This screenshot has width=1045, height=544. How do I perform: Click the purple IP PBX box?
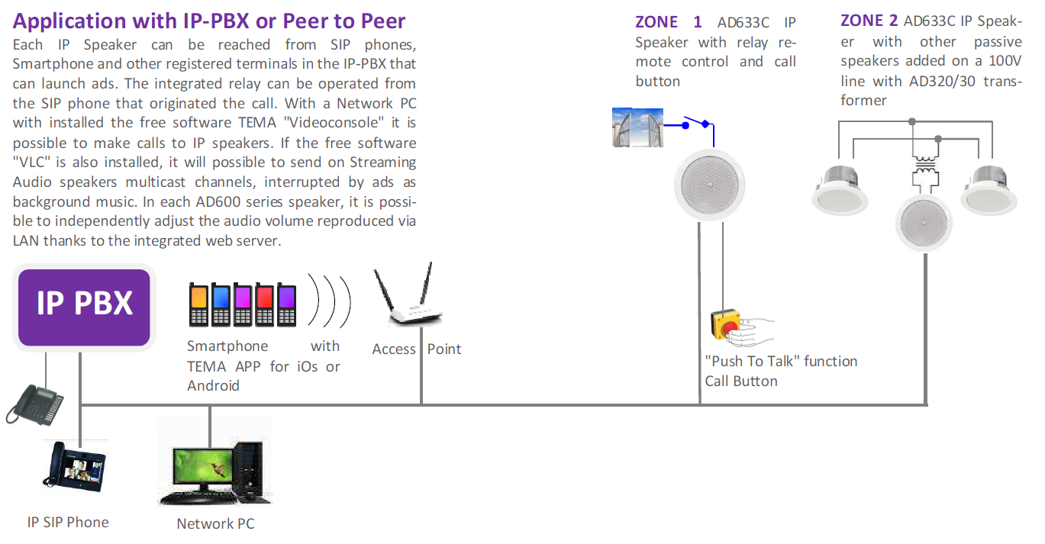(84, 307)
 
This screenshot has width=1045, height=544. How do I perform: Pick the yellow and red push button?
(725, 324)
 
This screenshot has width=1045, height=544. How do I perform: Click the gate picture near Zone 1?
(637, 127)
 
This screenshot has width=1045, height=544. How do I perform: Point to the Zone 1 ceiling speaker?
(710, 185)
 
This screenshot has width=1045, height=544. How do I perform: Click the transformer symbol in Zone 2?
(925, 173)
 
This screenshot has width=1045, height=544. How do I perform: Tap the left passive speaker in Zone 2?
(840, 191)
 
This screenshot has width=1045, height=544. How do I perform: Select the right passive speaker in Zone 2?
(989, 191)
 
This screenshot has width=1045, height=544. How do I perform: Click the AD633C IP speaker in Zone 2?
(924, 224)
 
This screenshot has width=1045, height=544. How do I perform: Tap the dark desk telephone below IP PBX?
(35, 404)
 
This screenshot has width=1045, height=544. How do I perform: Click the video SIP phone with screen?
(75, 467)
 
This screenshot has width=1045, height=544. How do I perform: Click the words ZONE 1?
(669, 22)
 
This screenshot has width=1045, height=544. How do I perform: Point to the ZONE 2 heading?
(869, 21)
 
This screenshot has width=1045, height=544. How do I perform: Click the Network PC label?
(215, 523)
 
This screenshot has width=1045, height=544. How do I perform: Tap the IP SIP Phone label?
(68, 522)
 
